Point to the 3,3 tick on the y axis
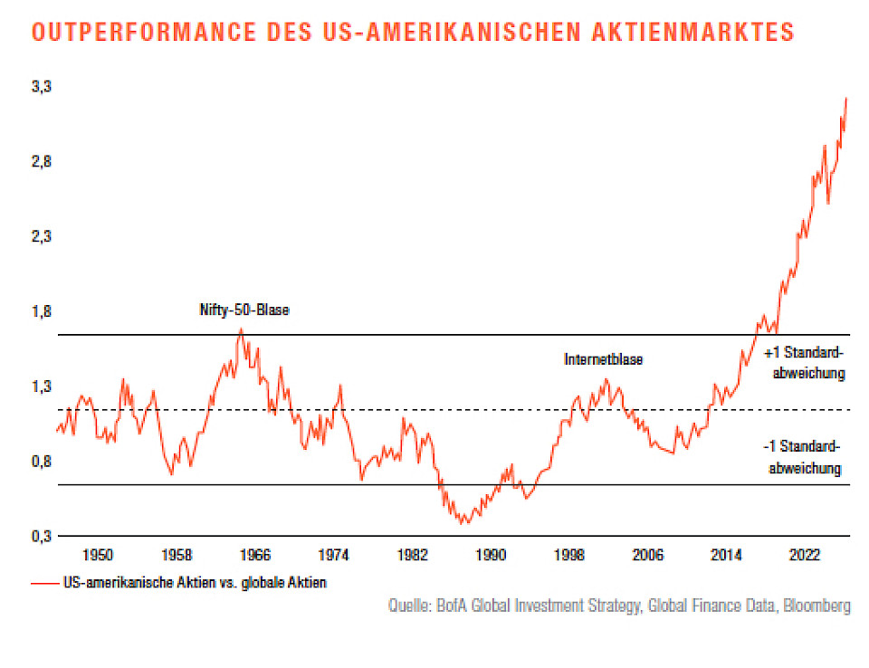pyautogui.click(x=41, y=87)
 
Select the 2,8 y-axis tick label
pyautogui.click(x=41, y=162)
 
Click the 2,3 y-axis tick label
pyautogui.click(x=41, y=237)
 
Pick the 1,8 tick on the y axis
pyautogui.click(x=41, y=311)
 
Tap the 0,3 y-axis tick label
pyautogui.click(x=41, y=536)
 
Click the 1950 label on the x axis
pyautogui.click(x=99, y=554)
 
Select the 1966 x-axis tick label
pyautogui.click(x=255, y=554)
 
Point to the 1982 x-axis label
pyautogui.click(x=413, y=554)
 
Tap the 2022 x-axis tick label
pyautogui.click(x=805, y=554)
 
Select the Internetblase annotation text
pyautogui.click(x=604, y=359)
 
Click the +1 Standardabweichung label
pyautogui.click(x=805, y=362)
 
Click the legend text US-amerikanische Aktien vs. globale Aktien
pyautogui.click(x=194, y=583)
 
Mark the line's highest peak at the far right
pyautogui.click(x=846, y=98)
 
